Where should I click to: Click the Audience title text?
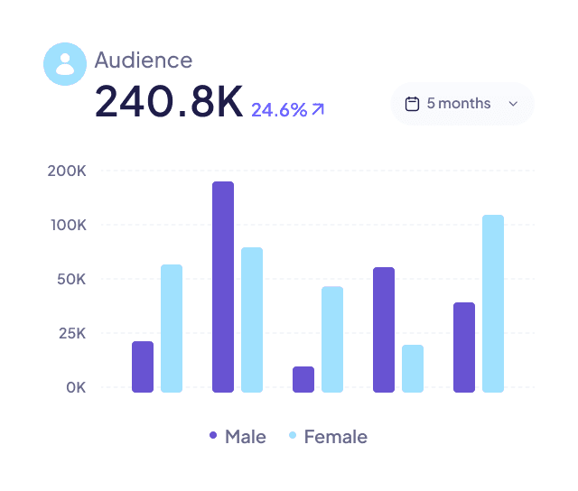tap(143, 60)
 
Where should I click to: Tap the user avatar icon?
tap(65, 64)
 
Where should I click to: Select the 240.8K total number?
tap(169, 103)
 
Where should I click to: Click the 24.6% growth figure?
tap(278, 110)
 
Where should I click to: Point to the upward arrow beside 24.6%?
tap(318, 110)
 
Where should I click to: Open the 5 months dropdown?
tap(462, 104)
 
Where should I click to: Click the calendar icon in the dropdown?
tap(413, 104)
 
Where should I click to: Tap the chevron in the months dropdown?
tap(513, 104)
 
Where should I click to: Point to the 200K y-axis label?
tap(68, 171)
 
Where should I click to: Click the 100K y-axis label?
tap(68, 225)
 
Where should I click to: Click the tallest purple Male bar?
tap(223, 287)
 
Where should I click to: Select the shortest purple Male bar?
tap(303, 379)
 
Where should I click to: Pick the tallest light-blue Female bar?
tap(493, 303)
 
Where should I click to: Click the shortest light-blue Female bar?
tap(413, 368)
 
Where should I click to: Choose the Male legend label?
tap(245, 437)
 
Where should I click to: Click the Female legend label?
tap(335, 437)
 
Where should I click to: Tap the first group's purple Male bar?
tap(143, 366)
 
